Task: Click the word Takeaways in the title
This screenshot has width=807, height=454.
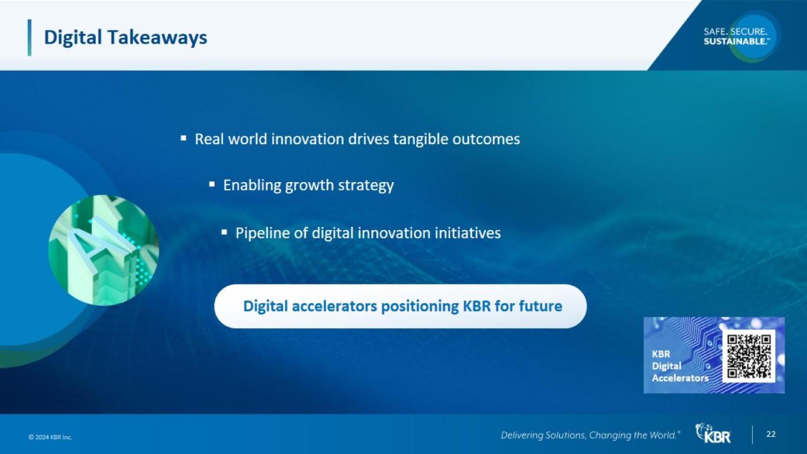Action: [x=157, y=38]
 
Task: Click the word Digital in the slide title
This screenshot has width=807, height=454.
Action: [x=73, y=38]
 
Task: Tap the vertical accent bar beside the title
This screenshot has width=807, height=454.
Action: [x=30, y=37]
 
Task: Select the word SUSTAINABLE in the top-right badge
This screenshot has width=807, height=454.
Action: [x=735, y=41]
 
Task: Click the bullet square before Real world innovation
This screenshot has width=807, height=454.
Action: [x=183, y=138]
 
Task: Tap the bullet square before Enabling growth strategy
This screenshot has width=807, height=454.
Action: [x=212, y=184]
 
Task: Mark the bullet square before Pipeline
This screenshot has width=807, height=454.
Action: [x=224, y=232]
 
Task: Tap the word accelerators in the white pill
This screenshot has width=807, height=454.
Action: [x=335, y=306]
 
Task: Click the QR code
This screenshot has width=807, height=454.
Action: [x=749, y=356]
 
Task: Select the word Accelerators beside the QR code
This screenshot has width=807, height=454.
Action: [x=680, y=378]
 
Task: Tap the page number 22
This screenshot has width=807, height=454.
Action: [x=771, y=434]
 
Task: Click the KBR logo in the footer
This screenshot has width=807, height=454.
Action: [x=713, y=433]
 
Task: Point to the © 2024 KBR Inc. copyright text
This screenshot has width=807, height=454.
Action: [x=50, y=437]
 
